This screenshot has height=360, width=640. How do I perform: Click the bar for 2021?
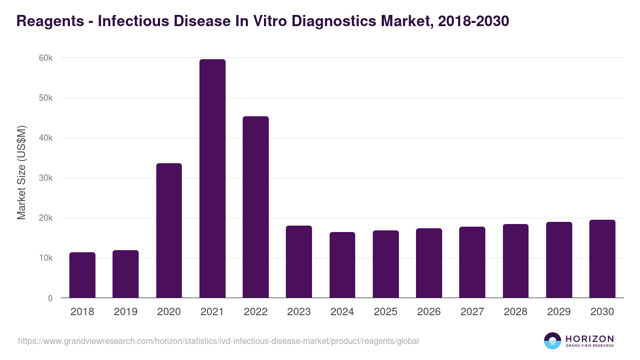[x=212, y=179]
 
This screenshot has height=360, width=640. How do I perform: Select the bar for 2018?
[x=82, y=275]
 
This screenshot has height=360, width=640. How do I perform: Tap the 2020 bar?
[x=169, y=230]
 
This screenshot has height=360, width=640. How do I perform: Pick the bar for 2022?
[x=255, y=207]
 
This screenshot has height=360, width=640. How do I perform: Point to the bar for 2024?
[x=342, y=265]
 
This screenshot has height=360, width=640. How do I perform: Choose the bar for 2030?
[x=602, y=259]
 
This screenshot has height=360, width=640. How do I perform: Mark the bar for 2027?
[x=472, y=262]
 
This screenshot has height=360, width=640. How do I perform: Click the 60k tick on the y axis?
[x=45, y=58]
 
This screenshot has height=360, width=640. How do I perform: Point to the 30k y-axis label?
[x=45, y=178]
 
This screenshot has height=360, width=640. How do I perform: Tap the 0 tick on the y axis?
[x=50, y=298]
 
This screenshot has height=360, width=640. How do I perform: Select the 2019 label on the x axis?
[x=125, y=312]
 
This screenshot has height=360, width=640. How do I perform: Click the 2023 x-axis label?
[x=299, y=312]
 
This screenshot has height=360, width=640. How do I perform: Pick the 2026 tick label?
[x=429, y=312]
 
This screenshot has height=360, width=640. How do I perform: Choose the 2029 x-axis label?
[x=559, y=312]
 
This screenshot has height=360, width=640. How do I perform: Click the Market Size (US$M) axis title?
[x=21, y=172]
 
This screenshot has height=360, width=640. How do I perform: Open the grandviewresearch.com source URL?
[x=218, y=341]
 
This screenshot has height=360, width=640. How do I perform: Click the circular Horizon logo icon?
[x=553, y=341]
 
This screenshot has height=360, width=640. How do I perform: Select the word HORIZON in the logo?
[x=590, y=339]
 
